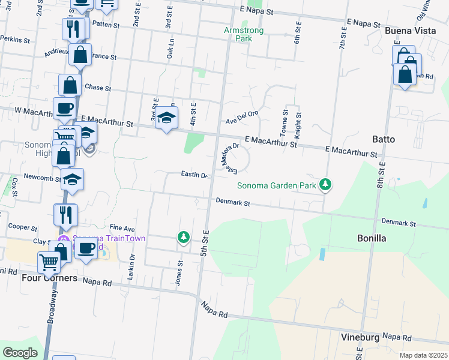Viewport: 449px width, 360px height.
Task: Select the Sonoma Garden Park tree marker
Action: coord(325,184)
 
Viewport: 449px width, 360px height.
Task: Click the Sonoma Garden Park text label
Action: coord(276,186)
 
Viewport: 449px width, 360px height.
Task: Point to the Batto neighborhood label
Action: coord(384,139)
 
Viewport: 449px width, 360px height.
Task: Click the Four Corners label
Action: coord(49,278)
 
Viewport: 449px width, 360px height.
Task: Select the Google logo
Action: coord(20,352)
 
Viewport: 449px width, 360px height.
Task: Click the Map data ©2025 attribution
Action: coord(423,355)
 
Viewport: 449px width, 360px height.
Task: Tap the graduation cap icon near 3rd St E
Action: coord(167,117)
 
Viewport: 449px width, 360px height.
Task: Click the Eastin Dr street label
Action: coord(194,175)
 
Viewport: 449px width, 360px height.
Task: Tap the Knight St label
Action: coord(298,124)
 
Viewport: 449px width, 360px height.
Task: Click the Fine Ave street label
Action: coord(122,229)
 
